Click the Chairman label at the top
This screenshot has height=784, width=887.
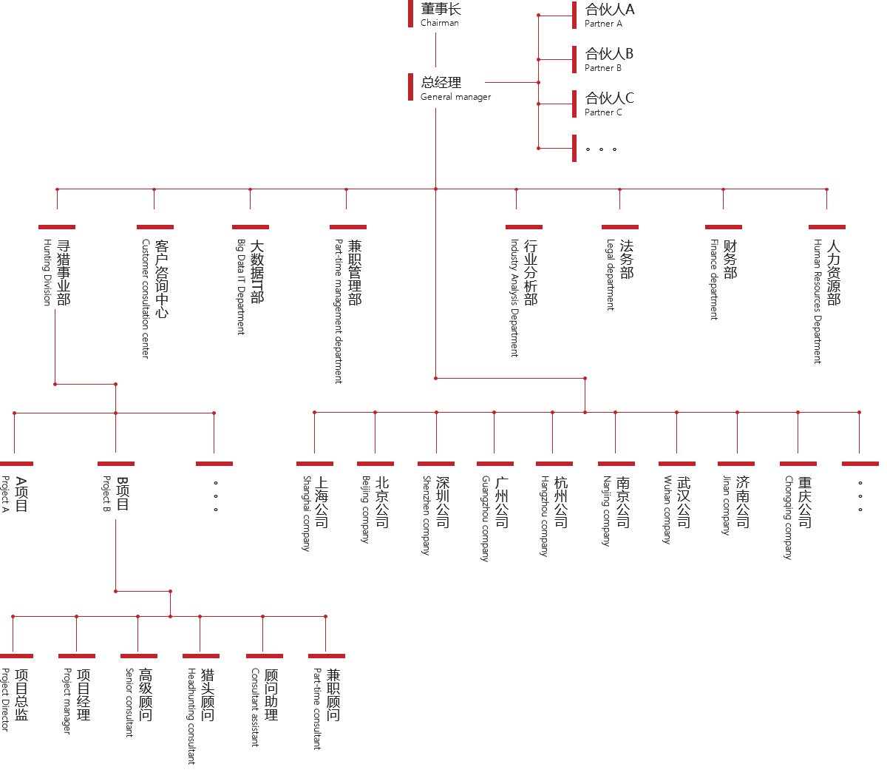click(441, 16)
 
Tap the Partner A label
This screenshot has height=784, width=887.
click(609, 16)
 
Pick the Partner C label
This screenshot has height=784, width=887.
click(609, 104)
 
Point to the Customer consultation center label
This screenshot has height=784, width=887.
click(154, 296)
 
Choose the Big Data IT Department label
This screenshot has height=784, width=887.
click(249, 285)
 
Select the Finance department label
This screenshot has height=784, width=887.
click(722, 278)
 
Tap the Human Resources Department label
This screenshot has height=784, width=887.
click(826, 300)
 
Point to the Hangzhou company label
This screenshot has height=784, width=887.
click(554, 514)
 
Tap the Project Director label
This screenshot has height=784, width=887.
click(13, 698)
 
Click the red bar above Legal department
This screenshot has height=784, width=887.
click(619, 226)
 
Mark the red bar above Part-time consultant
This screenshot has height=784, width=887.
click(326, 655)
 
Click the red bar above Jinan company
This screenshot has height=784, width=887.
click(735, 463)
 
